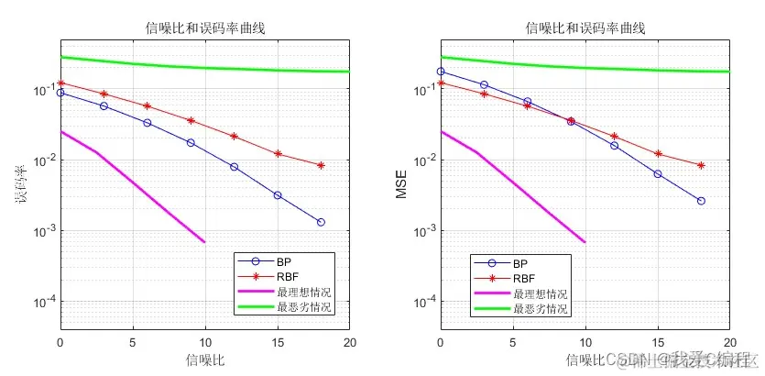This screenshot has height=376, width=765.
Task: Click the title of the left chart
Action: click(205, 28)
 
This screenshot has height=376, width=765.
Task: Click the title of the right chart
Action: click(585, 28)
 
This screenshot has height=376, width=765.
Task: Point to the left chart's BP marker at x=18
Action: click(321, 222)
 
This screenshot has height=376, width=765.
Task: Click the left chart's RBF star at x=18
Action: click(321, 165)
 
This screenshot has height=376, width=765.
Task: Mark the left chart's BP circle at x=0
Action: click(60, 93)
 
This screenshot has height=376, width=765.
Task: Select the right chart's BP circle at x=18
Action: click(701, 201)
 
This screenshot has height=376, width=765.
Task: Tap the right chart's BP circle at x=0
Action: click(441, 72)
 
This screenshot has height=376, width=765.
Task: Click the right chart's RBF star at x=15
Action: click(658, 154)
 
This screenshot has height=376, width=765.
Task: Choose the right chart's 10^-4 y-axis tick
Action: click(424, 302)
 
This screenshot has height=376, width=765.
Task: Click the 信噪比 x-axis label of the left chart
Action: click(205, 359)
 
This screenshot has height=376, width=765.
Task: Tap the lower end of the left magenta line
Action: click(204, 242)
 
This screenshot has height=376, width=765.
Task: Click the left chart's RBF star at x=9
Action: click(191, 120)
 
